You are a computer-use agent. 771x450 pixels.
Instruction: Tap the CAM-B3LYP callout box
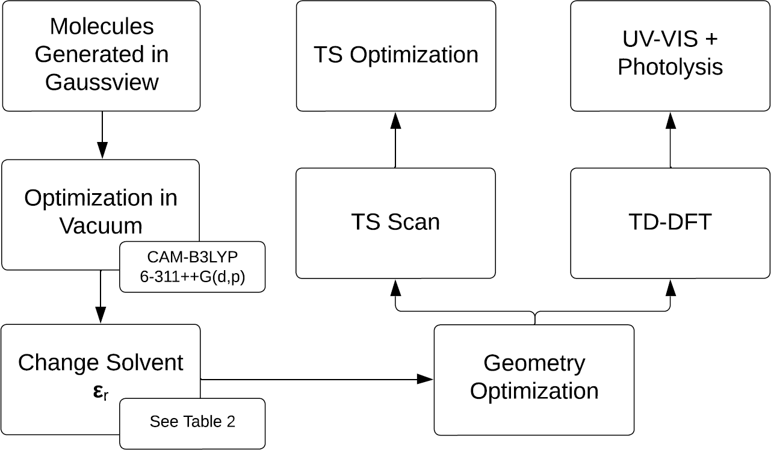pos(193,267)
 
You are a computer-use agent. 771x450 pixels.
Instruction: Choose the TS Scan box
pos(395,223)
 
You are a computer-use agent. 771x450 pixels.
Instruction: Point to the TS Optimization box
pos(396,55)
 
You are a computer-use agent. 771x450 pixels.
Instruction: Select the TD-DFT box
pos(670,223)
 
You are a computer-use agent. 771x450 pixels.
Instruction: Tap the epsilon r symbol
pos(101,392)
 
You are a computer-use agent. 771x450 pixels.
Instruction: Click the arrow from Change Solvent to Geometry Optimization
pos(313,379)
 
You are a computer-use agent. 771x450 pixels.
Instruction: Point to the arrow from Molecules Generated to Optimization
pos(102,135)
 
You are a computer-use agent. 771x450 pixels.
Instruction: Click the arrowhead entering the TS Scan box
pos(395,288)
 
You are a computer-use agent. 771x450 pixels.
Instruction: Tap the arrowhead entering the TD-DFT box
pos(670,288)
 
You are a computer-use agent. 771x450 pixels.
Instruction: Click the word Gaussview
pos(102,82)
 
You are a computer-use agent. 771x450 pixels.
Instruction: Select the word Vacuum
pos(101,226)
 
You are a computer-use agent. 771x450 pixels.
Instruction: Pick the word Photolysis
pos(670,67)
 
